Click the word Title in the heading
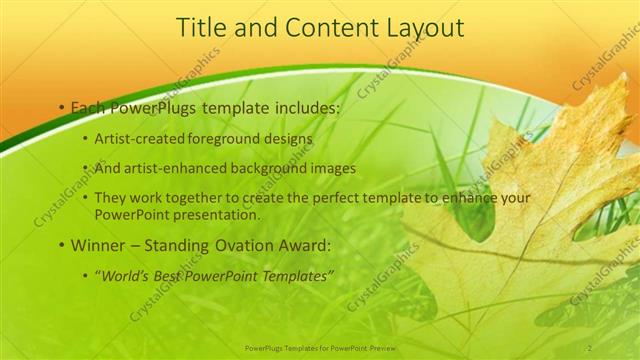coord(199,29)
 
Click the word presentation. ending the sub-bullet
coord(215,214)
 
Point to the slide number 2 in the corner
coord(590,347)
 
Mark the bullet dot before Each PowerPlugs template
coord(62,107)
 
